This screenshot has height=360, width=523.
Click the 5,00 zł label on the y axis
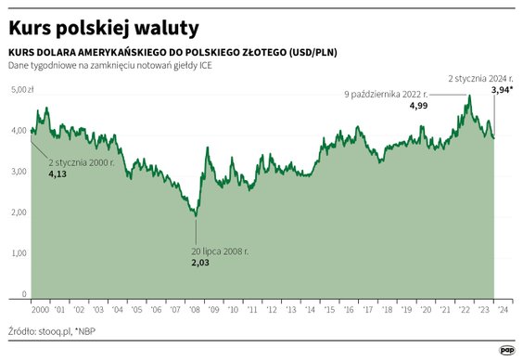click(x=21, y=90)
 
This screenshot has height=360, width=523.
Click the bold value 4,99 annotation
click(x=419, y=107)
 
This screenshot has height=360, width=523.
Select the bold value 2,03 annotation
click(x=201, y=264)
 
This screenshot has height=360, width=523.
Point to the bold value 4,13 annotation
click(x=57, y=174)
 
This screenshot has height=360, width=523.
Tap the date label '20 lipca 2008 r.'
click(x=221, y=251)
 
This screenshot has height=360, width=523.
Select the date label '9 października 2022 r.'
click(x=390, y=95)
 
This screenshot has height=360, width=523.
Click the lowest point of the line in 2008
click(x=196, y=216)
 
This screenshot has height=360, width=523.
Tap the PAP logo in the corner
click(x=507, y=349)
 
